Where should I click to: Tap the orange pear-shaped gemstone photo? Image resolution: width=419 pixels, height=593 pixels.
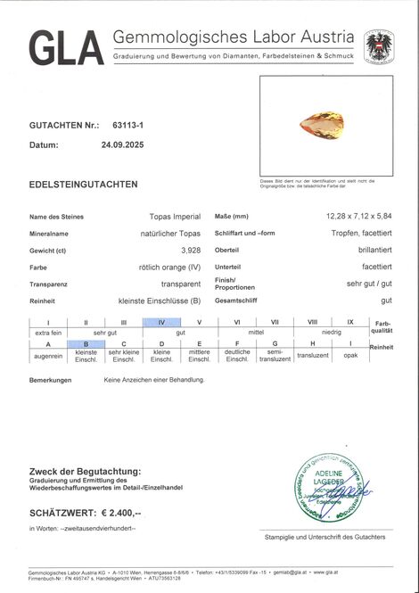coord(324,125)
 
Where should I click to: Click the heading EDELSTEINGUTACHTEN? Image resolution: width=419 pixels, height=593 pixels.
coord(83,185)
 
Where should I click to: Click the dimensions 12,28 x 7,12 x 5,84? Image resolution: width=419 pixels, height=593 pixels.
coord(358,216)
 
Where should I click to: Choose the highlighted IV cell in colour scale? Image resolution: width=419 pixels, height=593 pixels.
coord(161,322)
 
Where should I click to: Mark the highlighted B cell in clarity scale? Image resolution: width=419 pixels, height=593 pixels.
coord(86,344)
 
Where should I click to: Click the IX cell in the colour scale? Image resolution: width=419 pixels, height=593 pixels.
coord(350,322)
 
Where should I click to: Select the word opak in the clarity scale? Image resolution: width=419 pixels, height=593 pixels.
coord(350,355)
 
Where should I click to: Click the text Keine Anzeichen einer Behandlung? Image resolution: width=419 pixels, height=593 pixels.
coord(153,380)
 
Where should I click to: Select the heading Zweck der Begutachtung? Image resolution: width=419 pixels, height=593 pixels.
coord(85,471)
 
